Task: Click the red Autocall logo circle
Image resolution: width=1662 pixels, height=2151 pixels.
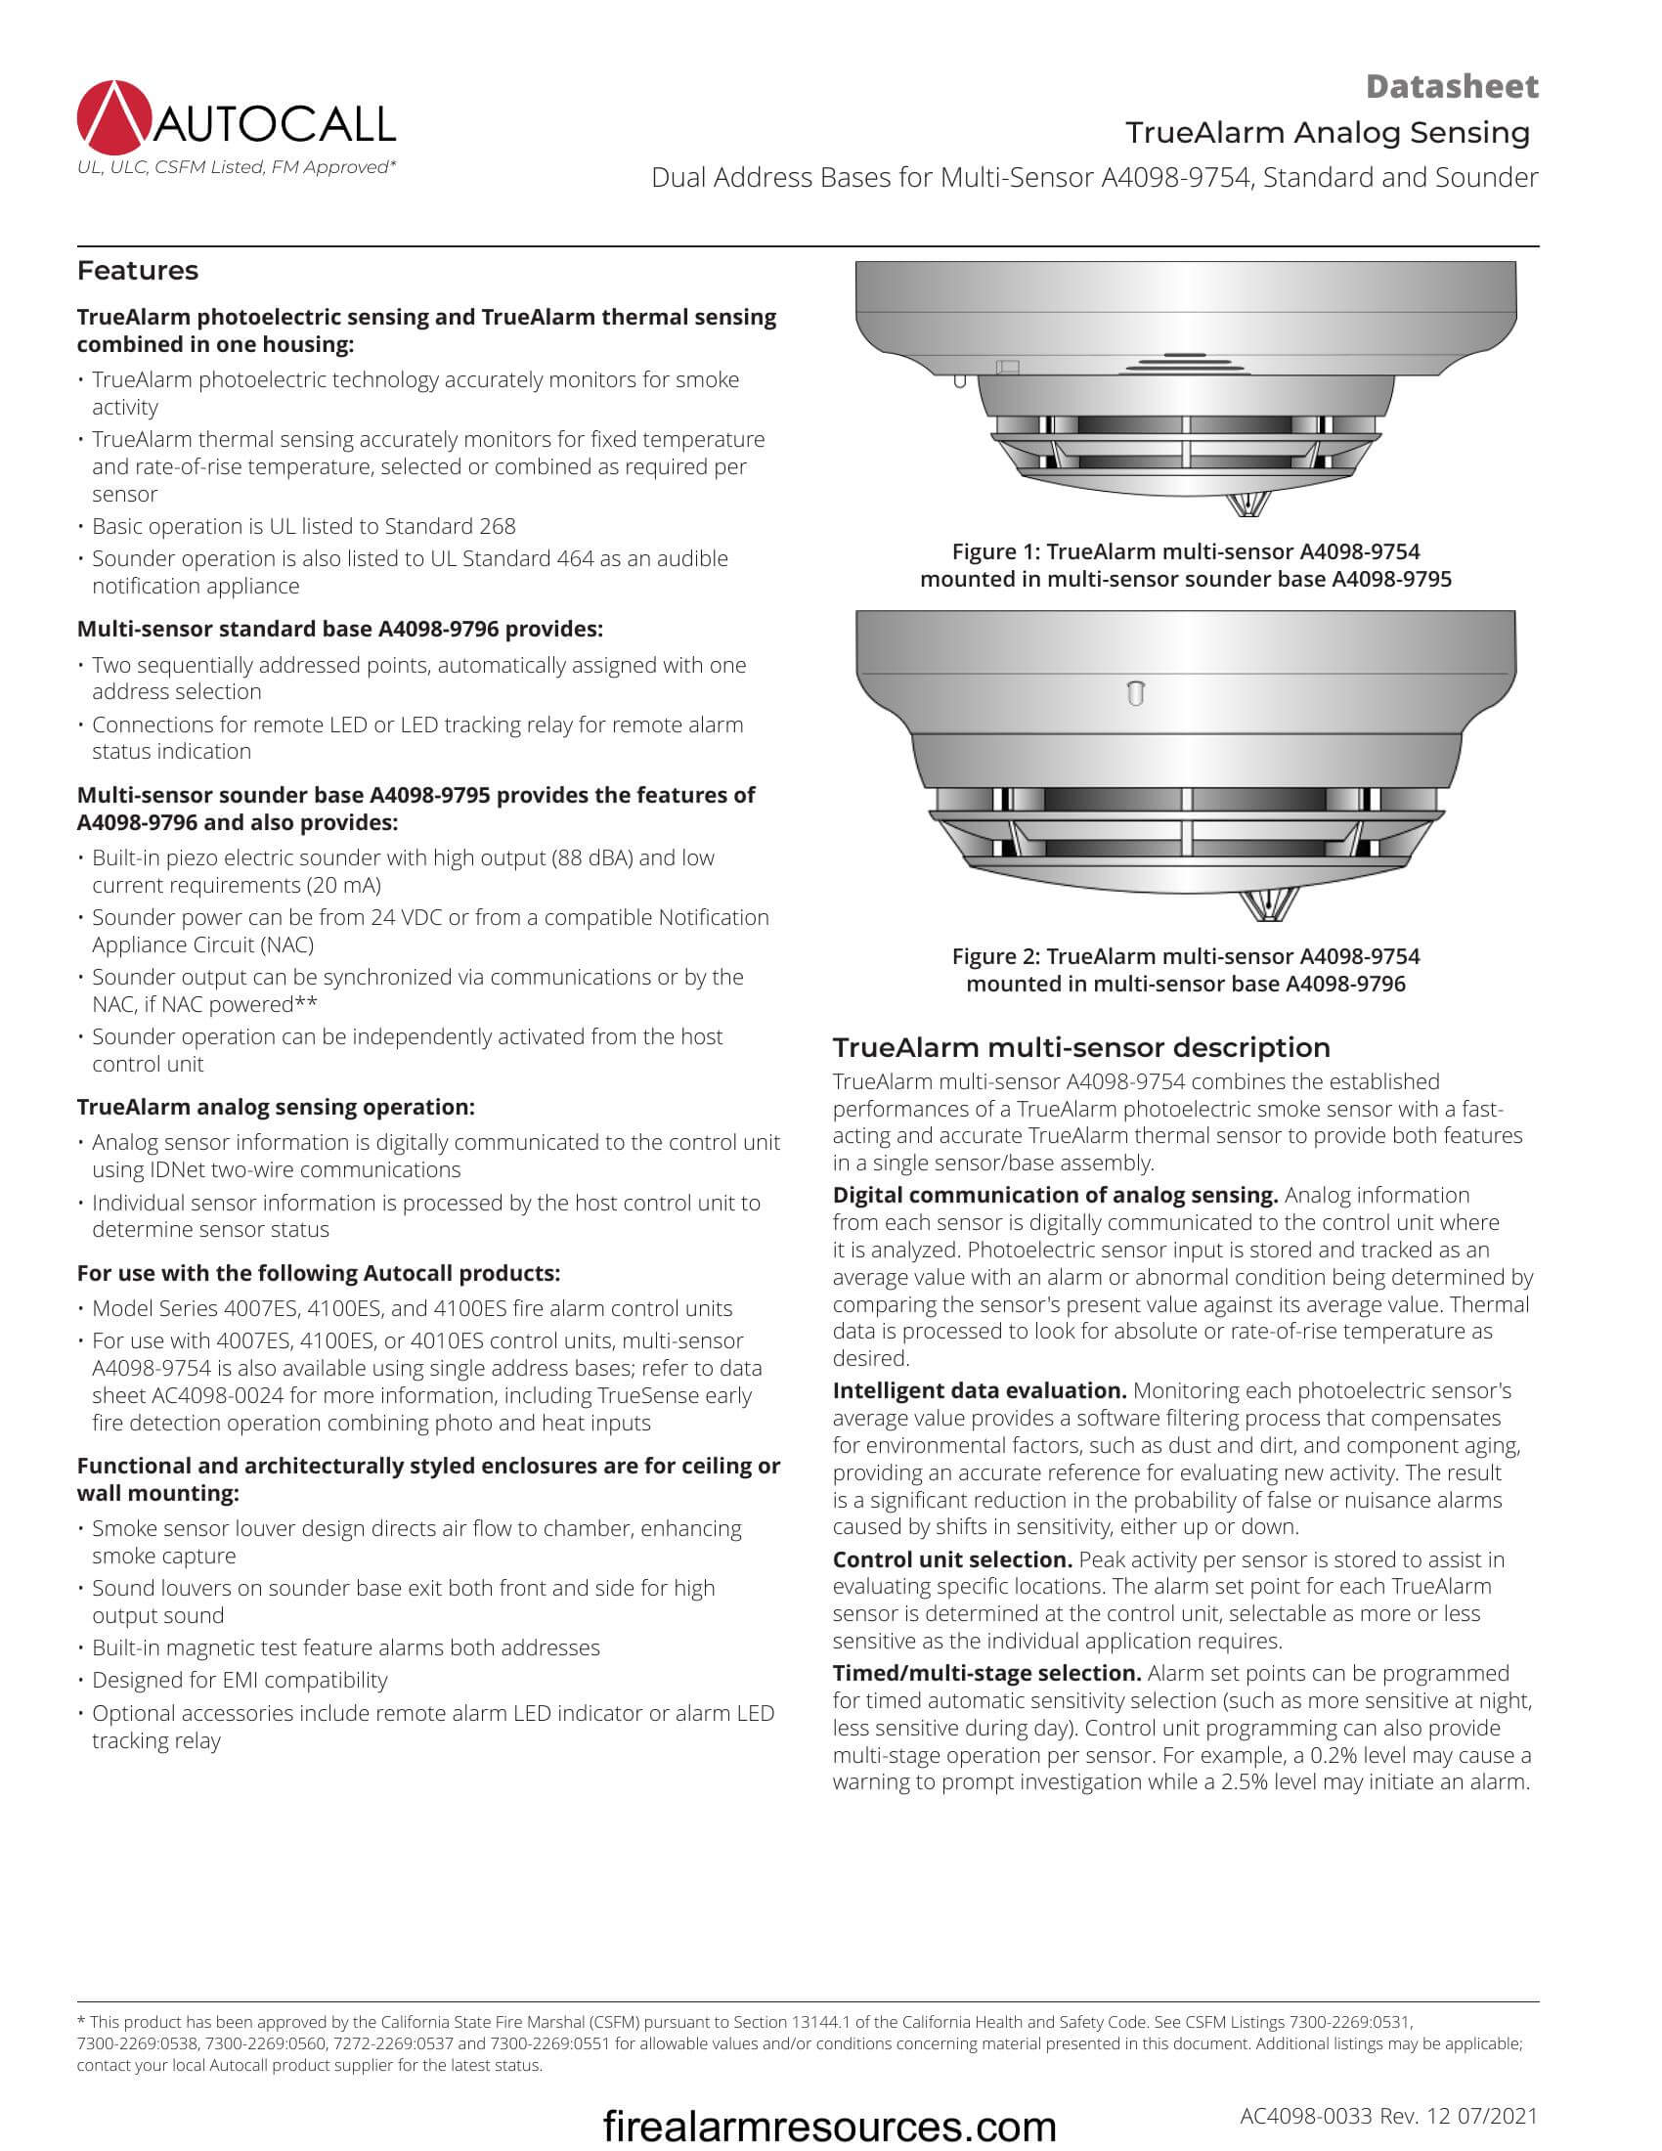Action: coord(114,118)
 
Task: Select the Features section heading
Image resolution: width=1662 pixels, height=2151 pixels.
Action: coord(138,271)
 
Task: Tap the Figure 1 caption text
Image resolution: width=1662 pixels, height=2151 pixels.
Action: coord(1186,565)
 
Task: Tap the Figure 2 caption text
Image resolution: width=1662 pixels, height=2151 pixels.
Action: coord(1186,970)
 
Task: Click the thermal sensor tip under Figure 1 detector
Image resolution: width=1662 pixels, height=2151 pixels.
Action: coord(1246,505)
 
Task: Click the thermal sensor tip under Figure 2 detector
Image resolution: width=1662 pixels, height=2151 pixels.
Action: coord(1268,905)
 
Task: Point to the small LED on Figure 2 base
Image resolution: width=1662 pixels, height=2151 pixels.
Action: coord(1135,693)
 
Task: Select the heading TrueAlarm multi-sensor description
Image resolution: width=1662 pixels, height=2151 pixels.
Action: coord(1081,1047)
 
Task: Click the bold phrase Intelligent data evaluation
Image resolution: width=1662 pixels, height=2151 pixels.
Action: coord(979,1390)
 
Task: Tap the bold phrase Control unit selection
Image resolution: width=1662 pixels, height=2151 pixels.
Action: coord(952,1559)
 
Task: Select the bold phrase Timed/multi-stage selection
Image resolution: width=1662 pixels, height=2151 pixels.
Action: coord(986,1672)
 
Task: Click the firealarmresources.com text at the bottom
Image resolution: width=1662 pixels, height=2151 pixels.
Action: coord(829,2126)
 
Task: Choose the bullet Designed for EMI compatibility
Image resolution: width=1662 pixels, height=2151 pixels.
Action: coord(240,1679)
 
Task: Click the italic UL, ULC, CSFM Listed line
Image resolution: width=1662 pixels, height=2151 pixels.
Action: coord(237,167)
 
